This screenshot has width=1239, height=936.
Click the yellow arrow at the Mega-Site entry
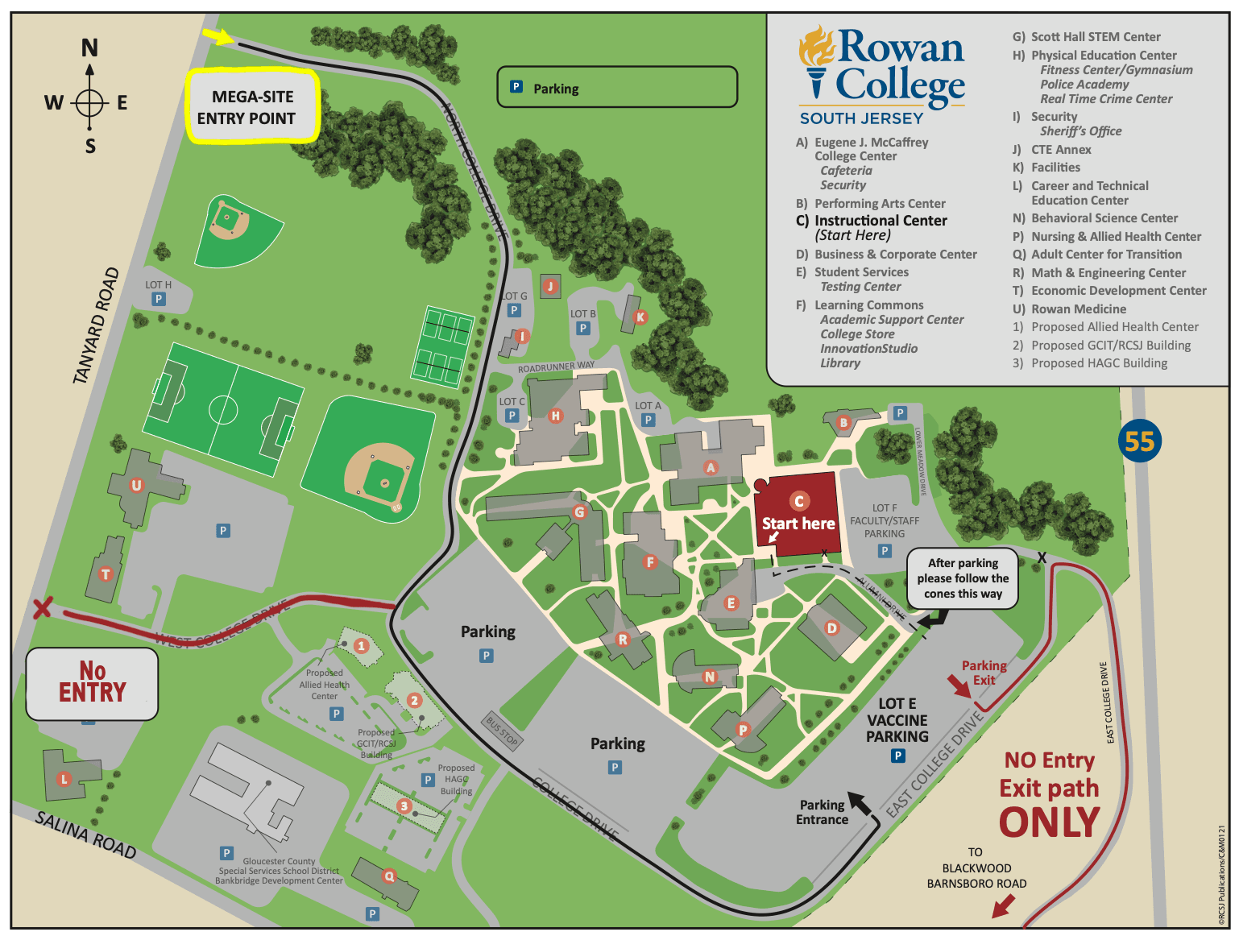pos(218,36)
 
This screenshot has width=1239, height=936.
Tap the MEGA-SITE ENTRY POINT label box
pos(253,107)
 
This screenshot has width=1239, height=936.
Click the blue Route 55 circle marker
pos(1139,441)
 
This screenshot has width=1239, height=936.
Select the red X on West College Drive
pos(42,607)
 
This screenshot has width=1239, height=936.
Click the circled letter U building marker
pos(136,485)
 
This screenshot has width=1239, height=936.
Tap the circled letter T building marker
pos(105,574)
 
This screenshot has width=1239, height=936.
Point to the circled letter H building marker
pos(555,416)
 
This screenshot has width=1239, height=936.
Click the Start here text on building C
pos(798,524)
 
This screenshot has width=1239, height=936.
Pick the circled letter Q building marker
pos(389,876)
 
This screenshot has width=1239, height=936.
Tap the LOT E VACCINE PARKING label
pos(897,720)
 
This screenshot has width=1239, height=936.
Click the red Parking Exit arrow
pos(959,686)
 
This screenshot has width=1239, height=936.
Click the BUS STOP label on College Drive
pos(502,730)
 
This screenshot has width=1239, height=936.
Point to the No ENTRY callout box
pos(92,683)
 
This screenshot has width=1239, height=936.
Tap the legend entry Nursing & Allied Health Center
pos(1116,237)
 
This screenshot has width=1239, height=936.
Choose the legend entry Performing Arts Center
pos(879,204)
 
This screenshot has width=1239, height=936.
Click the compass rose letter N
pos(89,48)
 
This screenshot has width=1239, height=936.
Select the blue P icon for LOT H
pos(159,300)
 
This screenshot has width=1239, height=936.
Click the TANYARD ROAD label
pos(96,325)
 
